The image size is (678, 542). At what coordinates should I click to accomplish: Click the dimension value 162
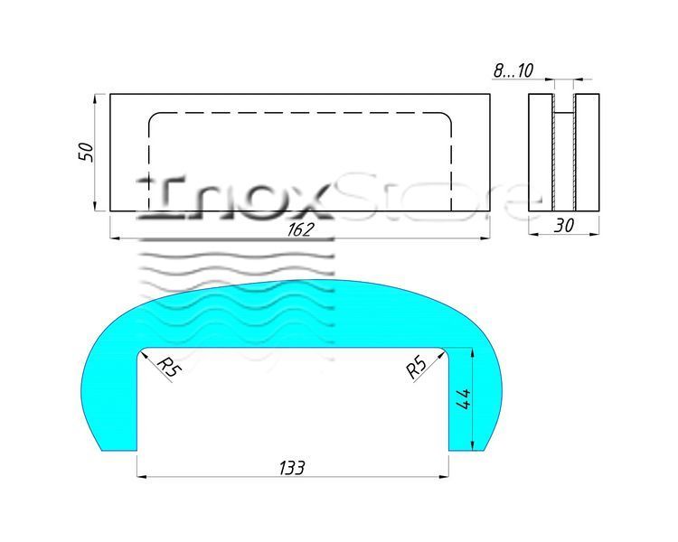point(299,229)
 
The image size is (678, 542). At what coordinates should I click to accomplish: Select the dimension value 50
point(86,152)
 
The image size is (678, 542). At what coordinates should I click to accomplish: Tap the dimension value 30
point(564,226)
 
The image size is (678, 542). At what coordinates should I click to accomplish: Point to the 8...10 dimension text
point(513,70)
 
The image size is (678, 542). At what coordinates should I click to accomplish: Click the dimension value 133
point(292,468)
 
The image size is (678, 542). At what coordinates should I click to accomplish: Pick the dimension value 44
point(463,399)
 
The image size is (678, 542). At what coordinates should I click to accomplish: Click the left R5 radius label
point(169,368)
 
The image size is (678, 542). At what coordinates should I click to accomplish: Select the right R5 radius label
point(417,368)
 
